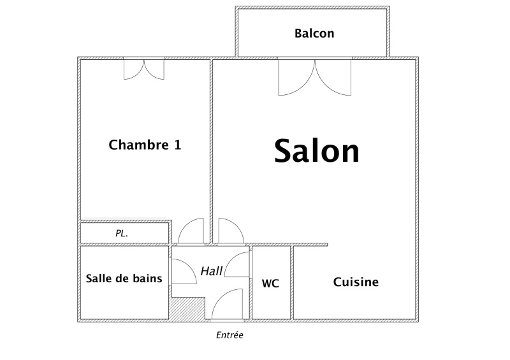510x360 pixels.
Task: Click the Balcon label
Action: click(314, 34)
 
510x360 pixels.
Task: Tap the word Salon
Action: click(317, 151)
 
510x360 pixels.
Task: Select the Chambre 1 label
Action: click(145, 145)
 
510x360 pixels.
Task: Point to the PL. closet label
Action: click(122, 233)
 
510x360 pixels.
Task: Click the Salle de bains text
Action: click(124, 278)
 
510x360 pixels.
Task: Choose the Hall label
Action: click(212, 271)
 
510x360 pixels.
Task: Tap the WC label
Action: click(270, 284)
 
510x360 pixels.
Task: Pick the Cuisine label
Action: click(356, 282)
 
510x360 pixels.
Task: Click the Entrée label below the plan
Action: click(229, 335)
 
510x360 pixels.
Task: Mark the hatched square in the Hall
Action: click(187, 308)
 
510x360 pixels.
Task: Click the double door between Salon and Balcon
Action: click(315, 77)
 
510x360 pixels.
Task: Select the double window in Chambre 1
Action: click(144, 69)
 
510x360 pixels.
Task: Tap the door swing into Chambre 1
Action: click(191, 231)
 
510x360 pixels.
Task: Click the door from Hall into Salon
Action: click(231, 231)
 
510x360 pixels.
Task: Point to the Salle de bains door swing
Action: click(184, 271)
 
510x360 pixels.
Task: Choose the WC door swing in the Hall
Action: click(237, 264)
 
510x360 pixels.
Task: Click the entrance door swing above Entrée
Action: click(227, 304)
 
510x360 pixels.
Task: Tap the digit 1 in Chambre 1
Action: click(178, 145)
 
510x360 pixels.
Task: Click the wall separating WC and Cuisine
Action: click(292, 283)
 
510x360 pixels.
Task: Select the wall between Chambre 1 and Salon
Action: click(212, 151)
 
